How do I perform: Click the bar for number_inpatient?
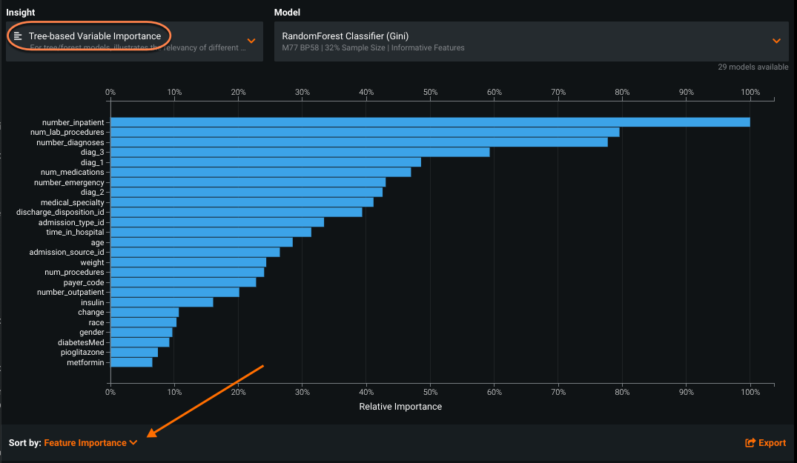coord(430,122)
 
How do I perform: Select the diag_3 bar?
coord(300,152)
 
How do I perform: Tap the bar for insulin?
coord(162,302)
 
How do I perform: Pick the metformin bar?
coord(131,362)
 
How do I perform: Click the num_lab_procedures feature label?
coord(73,132)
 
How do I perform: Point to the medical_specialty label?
coord(73,202)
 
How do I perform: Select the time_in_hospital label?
coord(75,233)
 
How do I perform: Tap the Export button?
coord(765,443)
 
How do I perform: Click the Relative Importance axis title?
coord(400,407)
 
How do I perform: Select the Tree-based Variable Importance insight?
coord(94,36)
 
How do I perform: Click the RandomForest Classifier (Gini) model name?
coord(345,36)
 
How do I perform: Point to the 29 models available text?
coord(753,67)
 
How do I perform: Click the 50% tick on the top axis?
coord(430,93)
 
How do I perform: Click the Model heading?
coord(287,13)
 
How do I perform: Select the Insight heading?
coord(21,13)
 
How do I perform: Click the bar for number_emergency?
coord(248,182)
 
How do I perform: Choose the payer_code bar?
coord(183,282)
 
